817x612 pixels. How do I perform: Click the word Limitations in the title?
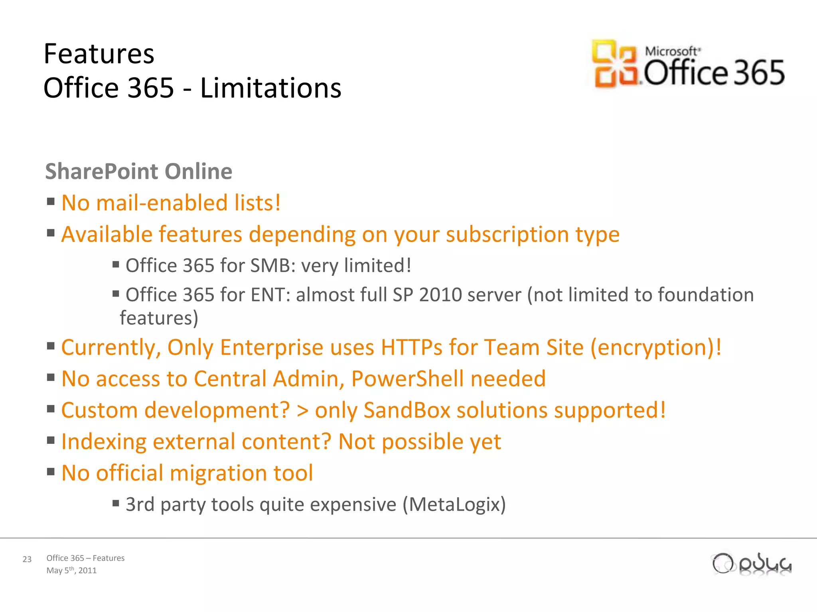270,88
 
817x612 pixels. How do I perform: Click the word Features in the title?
99,54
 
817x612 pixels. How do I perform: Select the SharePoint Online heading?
138,171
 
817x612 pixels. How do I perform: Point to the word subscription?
507,234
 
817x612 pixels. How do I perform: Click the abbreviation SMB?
273,265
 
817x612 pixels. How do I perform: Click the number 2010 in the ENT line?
440,295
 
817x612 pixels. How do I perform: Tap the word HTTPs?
411,347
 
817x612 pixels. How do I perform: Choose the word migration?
219,473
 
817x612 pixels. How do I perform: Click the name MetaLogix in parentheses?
454,504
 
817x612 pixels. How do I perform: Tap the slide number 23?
27,559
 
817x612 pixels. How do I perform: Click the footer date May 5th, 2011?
71,570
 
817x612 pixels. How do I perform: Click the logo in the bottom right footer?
752,564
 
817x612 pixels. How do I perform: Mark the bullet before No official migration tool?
51,472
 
